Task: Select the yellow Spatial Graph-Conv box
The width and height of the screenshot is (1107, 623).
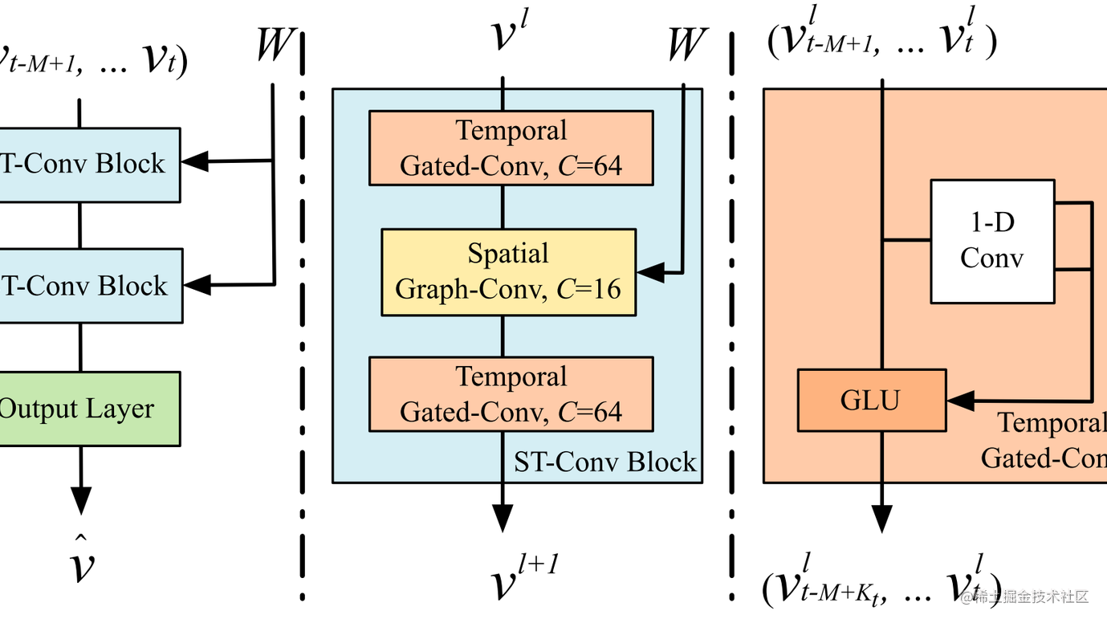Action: click(x=508, y=272)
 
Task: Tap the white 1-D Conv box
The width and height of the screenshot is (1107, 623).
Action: click(x=992, y=241)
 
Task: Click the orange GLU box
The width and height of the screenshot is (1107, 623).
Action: click(x=872, y=400)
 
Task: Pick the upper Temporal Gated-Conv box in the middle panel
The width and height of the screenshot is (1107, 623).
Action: click(x=511, y=148)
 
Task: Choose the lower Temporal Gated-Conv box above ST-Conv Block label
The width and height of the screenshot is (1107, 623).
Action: click(x=511, y=394)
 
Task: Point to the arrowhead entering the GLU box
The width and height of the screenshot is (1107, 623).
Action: click(x=960, y=399)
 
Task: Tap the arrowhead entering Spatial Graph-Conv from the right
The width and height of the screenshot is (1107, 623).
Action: click(x=650, y=272)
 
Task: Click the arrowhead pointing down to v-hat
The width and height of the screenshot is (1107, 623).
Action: click(x=80, y=499)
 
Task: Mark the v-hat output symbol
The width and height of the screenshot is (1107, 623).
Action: click(x=80, y=561)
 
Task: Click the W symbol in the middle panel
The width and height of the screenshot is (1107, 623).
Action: click(x=687, y=45)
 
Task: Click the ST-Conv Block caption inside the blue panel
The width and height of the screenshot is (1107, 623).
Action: click(x=604, y=462)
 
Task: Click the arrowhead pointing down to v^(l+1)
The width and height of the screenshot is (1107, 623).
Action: click(x=503, y=517)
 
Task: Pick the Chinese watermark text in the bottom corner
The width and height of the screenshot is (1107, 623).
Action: click(x=1031, y=597)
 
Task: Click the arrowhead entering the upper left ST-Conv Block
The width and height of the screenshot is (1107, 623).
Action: click(x=195, y=161)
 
